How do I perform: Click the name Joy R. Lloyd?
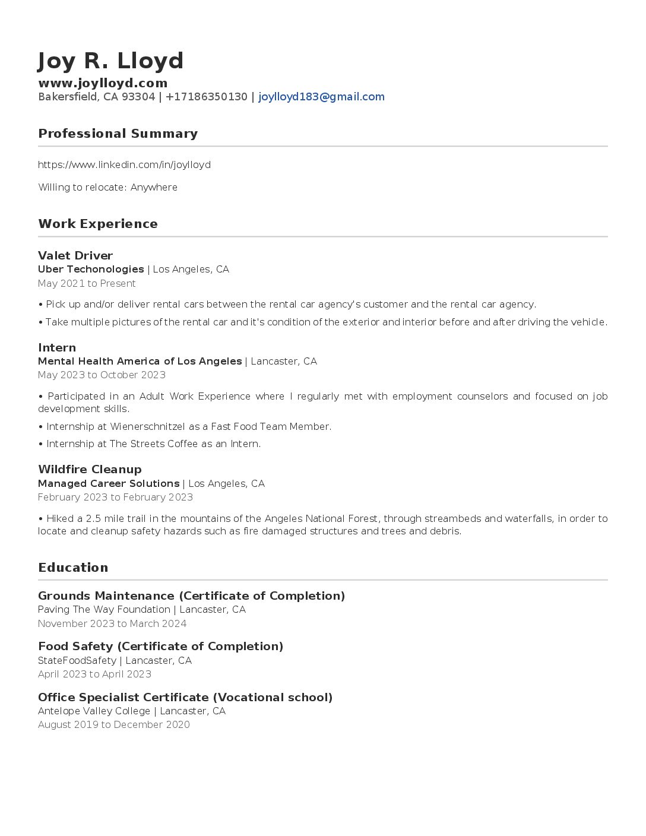110,61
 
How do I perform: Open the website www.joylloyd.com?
103,83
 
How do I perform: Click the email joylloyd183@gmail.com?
321,97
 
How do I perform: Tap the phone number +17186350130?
206,97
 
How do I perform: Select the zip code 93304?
138,97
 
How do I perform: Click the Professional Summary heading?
118,134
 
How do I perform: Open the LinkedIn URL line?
124,164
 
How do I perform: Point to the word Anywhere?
154,187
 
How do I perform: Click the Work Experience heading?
98,224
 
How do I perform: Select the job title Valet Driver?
75,256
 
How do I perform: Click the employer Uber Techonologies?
91,270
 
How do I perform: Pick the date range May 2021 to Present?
87,284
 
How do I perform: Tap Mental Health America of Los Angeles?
140,362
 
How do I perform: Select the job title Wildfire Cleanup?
90,470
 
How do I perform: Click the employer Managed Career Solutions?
109,484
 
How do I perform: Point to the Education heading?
73,568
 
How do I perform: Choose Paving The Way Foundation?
104,610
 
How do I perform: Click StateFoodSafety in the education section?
77,660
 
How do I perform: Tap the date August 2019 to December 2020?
114,725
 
